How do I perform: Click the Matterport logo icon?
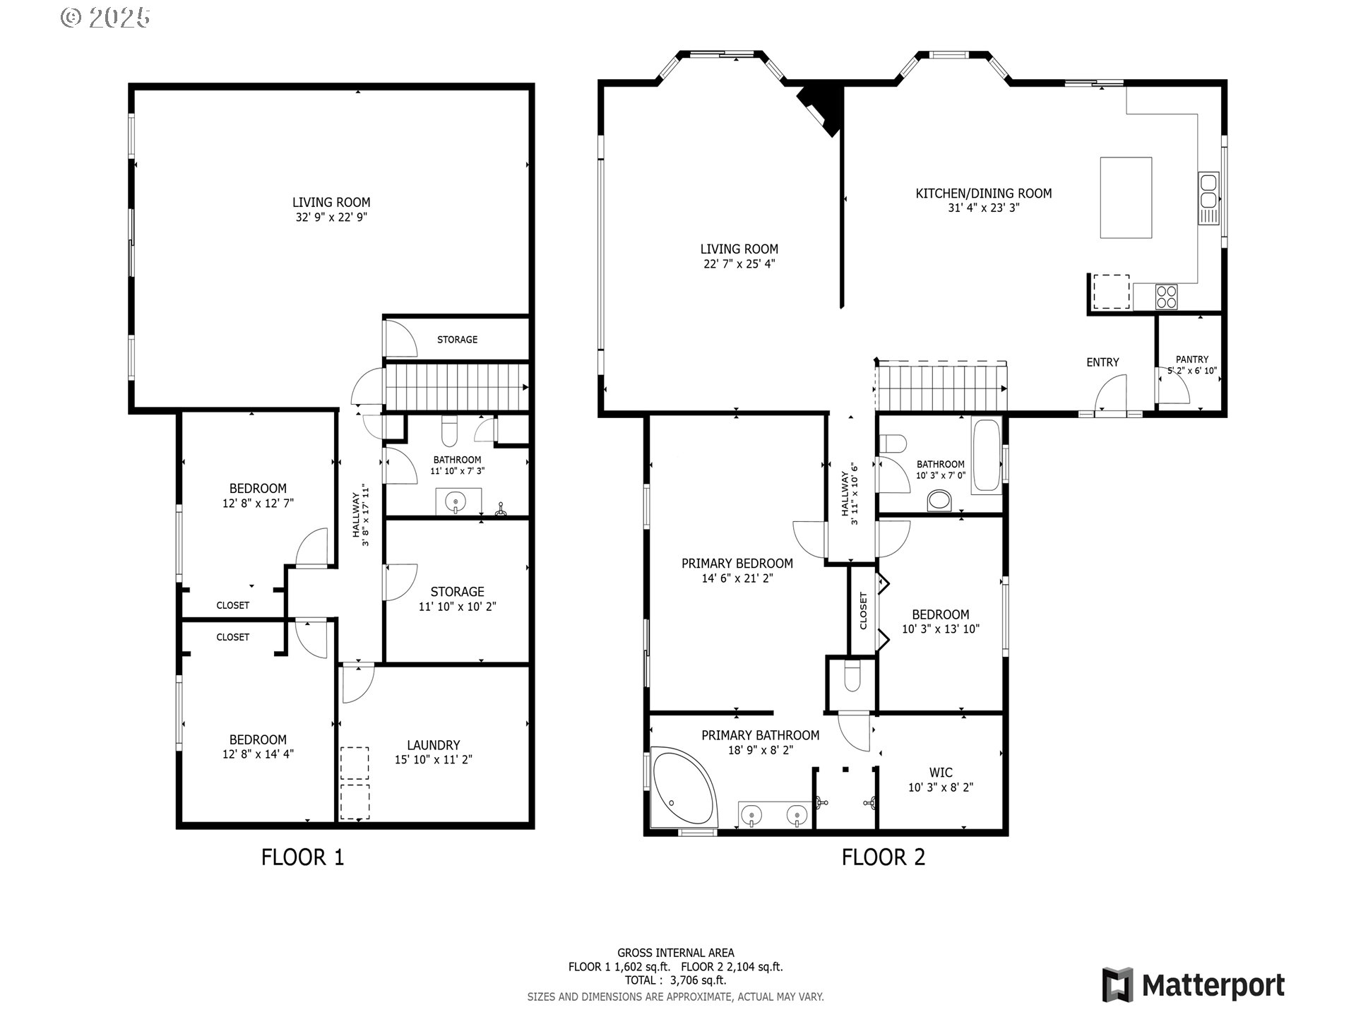pos(1118,985)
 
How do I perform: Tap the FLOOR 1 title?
pos(302,857)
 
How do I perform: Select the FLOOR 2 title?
pos(883,857)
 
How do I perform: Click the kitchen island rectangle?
pos(1126,198)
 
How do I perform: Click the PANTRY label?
pos(1192,359)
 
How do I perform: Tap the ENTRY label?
pos(1102,362)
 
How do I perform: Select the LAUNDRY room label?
pos(433,745)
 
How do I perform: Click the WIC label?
pos(941,773)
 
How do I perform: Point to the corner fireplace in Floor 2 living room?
pos(821,107)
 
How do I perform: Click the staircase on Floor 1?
pos(456,387)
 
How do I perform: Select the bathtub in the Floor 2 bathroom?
pos(987,456)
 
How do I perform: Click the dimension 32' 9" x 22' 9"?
pos(331,218)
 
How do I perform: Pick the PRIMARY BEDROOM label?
pos(737,564)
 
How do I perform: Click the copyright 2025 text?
pos(106,18)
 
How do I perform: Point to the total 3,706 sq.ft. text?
pos(675,980)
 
